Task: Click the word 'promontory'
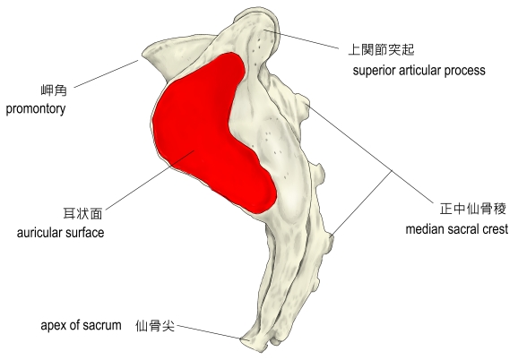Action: pyautogui.click(x=36, y=109)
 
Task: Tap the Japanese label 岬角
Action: pyautogui.click(x=54, y=90)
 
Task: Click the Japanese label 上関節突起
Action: pyautogui.click(x=381, y=50)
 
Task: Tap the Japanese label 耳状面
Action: pyautogui.click(x=82, y=213)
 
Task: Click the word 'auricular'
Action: pyautogui.click(x=39, y=233)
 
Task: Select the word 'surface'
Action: pyautogui.click(x=85, y=233)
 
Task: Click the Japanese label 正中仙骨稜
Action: pyautogui.click(x=472, y=209)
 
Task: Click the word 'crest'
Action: pyautogui.click(x=495, y=229)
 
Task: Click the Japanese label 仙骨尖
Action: pyautogui.click(x=155, y=326)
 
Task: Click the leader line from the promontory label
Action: pyautogui.click(x=106, y=74)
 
